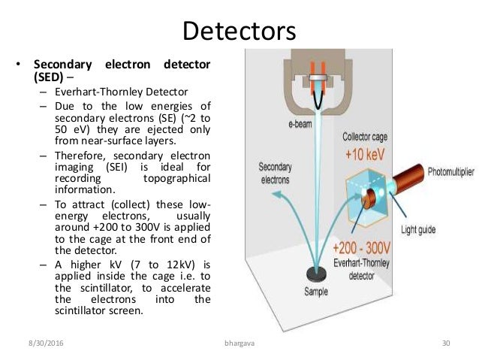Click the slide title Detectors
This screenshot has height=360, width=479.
tap(239, 32)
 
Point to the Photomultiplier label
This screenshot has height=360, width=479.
tap(450, 173)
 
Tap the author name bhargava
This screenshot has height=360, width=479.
tap(239, 343)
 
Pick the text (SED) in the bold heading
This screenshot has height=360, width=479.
tap(49, 77)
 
